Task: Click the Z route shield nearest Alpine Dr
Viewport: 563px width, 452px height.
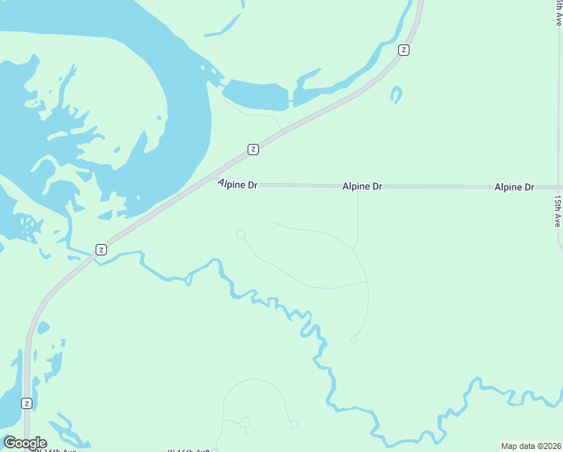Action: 254,149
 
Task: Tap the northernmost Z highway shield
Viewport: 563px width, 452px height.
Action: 404,50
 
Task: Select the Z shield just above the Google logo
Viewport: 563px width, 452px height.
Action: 27,403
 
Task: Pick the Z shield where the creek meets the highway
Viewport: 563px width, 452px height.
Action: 101,249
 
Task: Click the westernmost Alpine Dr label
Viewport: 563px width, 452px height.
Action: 238,183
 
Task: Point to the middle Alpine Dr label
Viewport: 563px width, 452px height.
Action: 362,185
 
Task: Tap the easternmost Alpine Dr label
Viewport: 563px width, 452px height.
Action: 514,186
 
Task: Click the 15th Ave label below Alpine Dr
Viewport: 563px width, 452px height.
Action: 558,212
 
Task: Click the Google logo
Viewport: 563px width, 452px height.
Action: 25,443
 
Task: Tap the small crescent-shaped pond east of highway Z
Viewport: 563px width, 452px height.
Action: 396,95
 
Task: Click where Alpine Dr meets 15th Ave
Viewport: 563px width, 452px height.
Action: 558,187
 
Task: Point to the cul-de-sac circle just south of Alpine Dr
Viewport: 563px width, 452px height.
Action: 241,235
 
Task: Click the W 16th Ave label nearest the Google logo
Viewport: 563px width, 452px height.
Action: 57,450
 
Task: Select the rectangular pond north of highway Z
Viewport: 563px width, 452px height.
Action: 257,93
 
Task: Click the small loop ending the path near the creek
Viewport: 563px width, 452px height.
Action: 353,341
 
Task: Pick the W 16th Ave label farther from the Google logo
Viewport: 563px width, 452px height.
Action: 187,450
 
